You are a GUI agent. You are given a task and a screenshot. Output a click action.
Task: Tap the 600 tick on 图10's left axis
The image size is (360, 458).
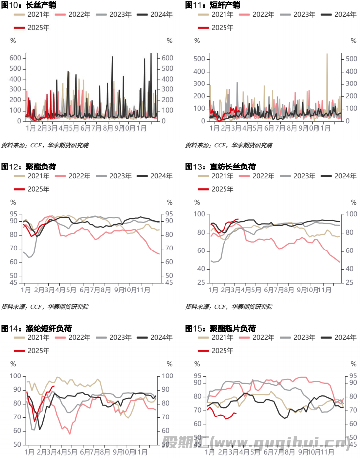coord(15,58)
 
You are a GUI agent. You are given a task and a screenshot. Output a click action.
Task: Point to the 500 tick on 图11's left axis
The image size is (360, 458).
coord(199,59)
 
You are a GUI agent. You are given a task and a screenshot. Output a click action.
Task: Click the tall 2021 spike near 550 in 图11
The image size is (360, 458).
coord(327,55)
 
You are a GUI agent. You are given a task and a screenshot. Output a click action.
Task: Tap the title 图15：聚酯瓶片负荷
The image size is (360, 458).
coord(220,328)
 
